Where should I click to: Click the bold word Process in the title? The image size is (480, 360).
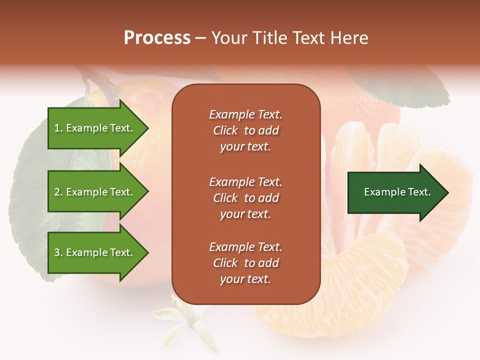tap(157, 38)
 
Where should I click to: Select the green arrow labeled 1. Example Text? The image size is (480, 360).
tap(95, 128)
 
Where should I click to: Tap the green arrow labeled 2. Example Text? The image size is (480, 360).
tap(95, 192)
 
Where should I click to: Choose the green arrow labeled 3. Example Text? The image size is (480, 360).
tap(95, 252)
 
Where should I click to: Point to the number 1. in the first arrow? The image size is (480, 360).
tap(58, 128)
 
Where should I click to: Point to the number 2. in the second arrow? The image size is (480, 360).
tap(58, 192)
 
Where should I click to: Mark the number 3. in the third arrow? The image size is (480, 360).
tap(58, 252)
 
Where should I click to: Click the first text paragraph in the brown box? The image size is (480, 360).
tap(245, 130)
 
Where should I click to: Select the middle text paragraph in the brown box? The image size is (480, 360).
tap(245, 198)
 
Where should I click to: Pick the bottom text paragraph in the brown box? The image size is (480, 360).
tap(245, 263)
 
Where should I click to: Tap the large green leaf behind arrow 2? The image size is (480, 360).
tap(30, 200)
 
